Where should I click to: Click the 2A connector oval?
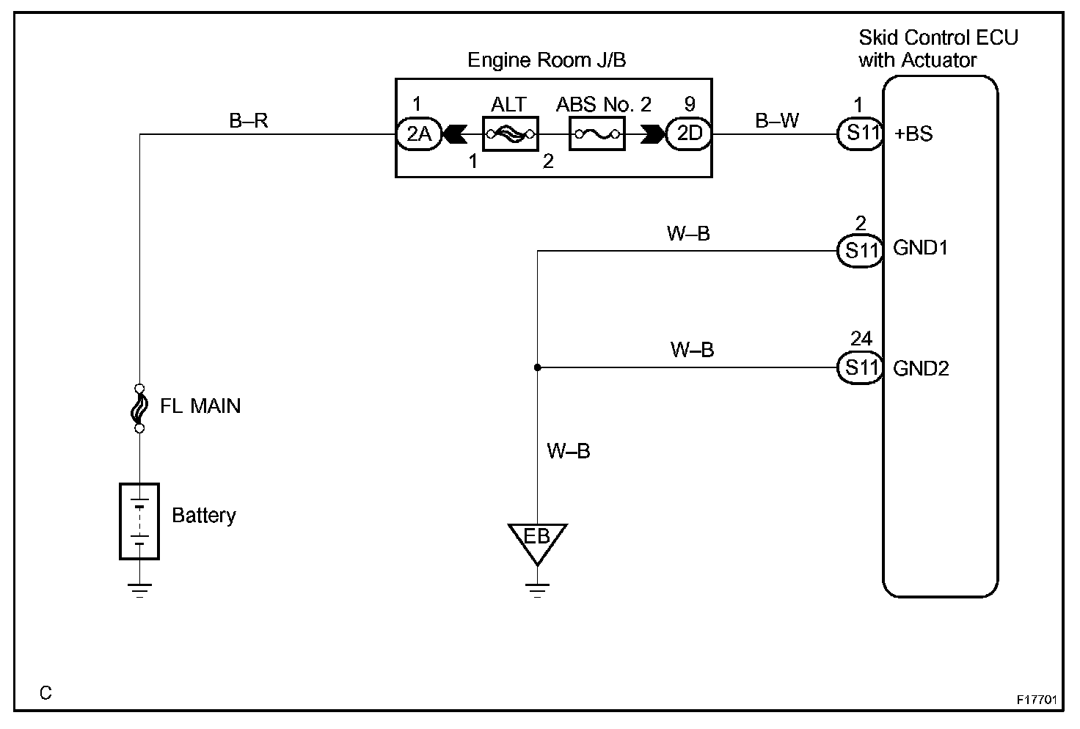[419, 134]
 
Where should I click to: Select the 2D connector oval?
[689, 134]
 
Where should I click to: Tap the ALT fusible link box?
[509, 134]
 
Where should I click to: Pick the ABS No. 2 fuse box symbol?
[597, 134]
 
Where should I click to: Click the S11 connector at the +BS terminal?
[861, 134]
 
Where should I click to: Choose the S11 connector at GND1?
[861, 250]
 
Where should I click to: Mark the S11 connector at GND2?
[861, 367]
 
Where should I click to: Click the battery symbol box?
[139, 521]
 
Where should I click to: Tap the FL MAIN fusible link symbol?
[139, 407]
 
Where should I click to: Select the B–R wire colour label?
[249, 120]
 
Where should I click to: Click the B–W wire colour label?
[777, 120]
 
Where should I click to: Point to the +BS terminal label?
[913, 134]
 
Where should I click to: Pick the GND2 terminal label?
[921, 367]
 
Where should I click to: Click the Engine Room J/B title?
[547, 60]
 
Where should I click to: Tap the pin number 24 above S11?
[861, 338]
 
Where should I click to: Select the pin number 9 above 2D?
[689, 104]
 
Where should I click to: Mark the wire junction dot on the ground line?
[538, 367]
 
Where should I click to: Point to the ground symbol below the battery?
[139, 590]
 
